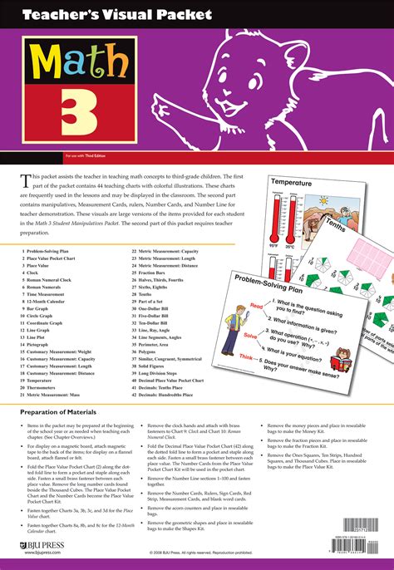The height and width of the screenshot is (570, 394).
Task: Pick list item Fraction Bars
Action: coord(155,273)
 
